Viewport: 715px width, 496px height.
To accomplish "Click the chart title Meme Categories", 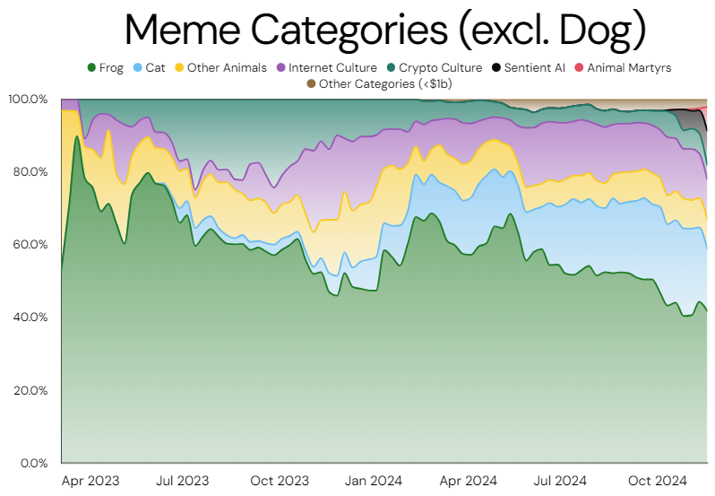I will pos(385,30).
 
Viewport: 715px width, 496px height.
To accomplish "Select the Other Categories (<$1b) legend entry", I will pos(376,83).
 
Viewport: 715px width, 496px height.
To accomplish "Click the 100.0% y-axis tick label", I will pos(28,99).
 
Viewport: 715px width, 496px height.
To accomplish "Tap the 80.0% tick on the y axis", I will pos(30,171).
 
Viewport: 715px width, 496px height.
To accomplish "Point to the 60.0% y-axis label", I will pos(30,244).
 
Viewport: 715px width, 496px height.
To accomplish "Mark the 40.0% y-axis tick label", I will pos(30,318).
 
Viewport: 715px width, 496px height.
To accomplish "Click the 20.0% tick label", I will pos(30,390).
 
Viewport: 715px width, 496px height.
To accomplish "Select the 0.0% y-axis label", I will pos(33,463).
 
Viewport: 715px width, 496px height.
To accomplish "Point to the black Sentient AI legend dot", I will pos(495,68).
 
